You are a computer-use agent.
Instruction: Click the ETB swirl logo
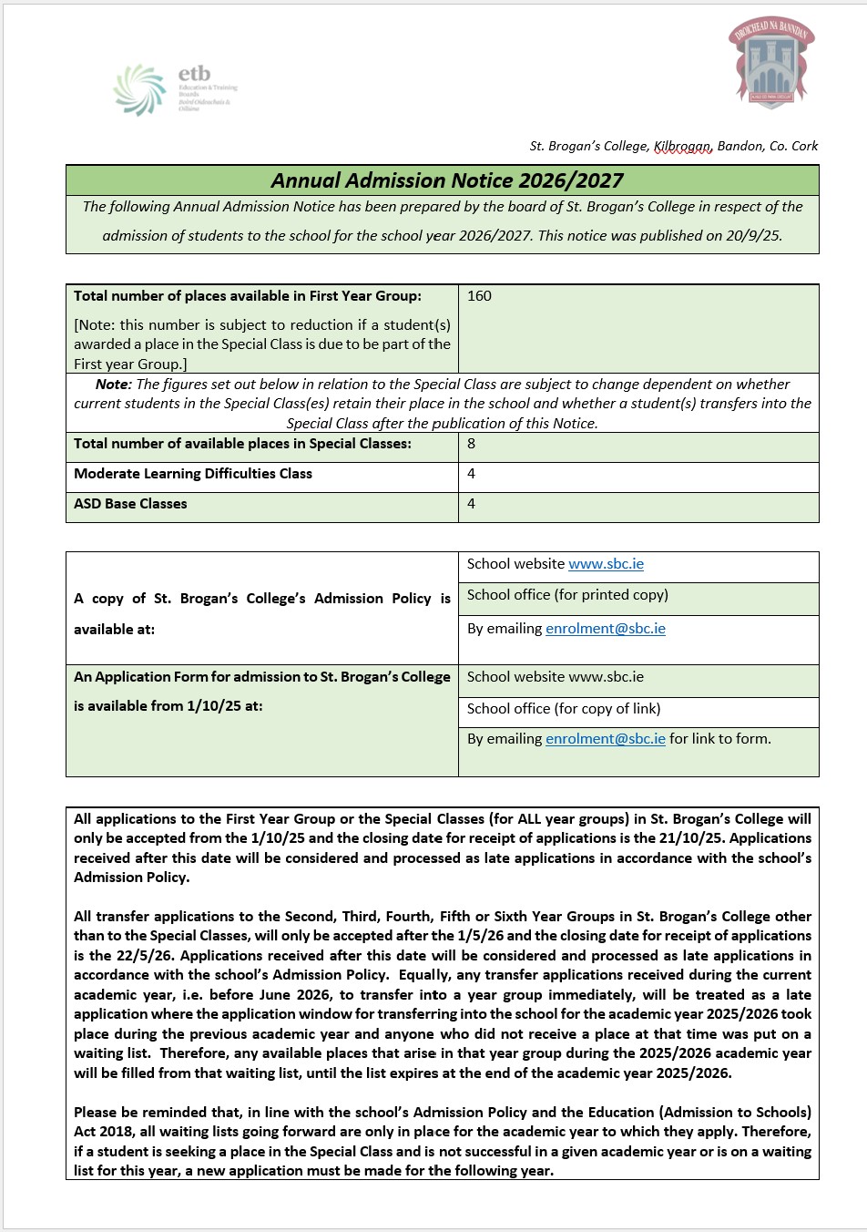(138, 89)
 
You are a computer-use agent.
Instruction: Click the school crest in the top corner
(770, 61)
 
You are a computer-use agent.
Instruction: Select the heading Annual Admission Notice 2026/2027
(447, 180)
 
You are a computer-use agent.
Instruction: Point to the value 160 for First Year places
(479, 296)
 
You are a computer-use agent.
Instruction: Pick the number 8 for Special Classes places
(471, 444)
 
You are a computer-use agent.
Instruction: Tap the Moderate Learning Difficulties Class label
(193, 474)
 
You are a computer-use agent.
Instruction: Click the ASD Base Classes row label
(130, 504)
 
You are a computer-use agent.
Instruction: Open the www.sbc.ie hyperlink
(606, 564)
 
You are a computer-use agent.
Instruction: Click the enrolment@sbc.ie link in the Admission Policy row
(606, 629)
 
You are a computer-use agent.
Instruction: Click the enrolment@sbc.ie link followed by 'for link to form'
(606, 739)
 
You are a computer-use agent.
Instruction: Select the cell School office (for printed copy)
(567, 595)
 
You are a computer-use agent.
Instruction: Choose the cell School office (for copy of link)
(564, 709)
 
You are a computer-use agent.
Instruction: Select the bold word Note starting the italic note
(113, 385)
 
